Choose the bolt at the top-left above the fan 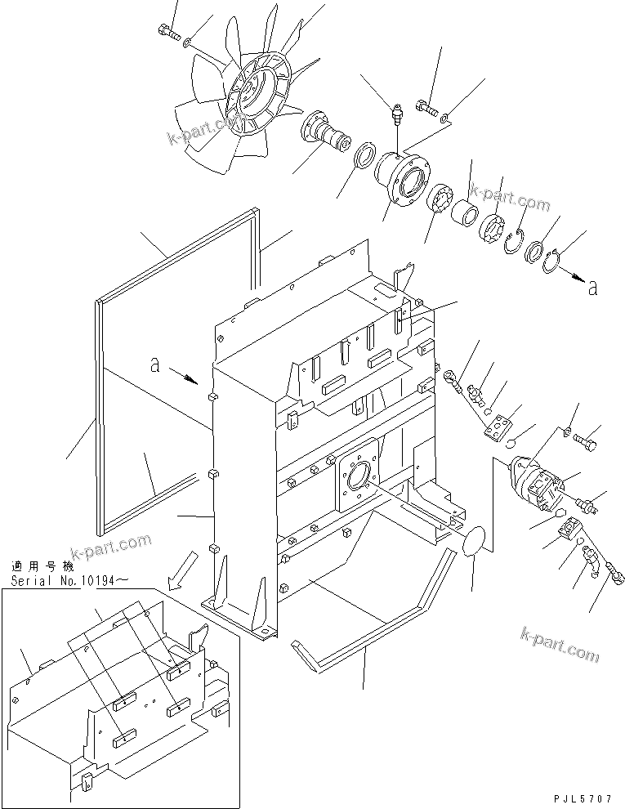coord(164,32)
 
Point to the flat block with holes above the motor coord(498,426)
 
